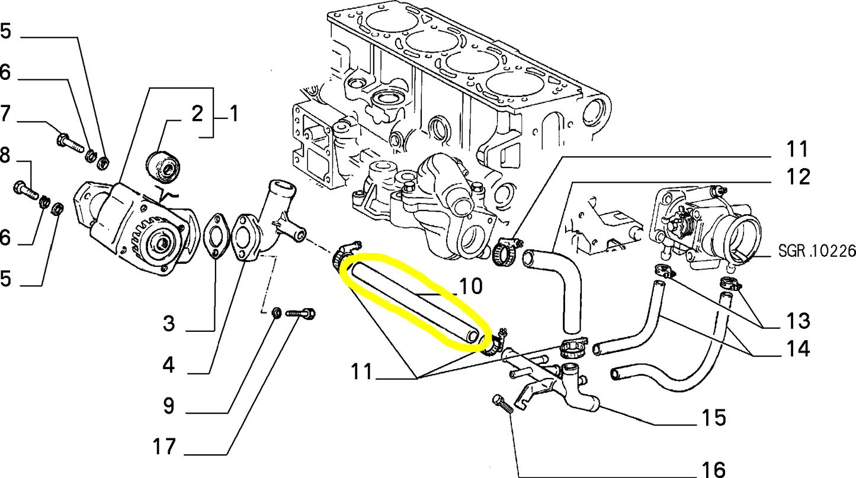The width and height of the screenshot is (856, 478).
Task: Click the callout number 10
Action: [471, 287]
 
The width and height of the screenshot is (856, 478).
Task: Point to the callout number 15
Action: [714, 418]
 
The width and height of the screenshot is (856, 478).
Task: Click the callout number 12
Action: [796, 176]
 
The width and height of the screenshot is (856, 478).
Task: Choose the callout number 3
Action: [169, 324]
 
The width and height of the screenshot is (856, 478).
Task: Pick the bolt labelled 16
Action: [502, 405]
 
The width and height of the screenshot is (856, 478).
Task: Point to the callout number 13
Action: [797, 321]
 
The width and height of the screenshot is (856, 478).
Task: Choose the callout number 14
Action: [797, 348]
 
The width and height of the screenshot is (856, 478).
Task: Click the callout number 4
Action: [169, 366]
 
